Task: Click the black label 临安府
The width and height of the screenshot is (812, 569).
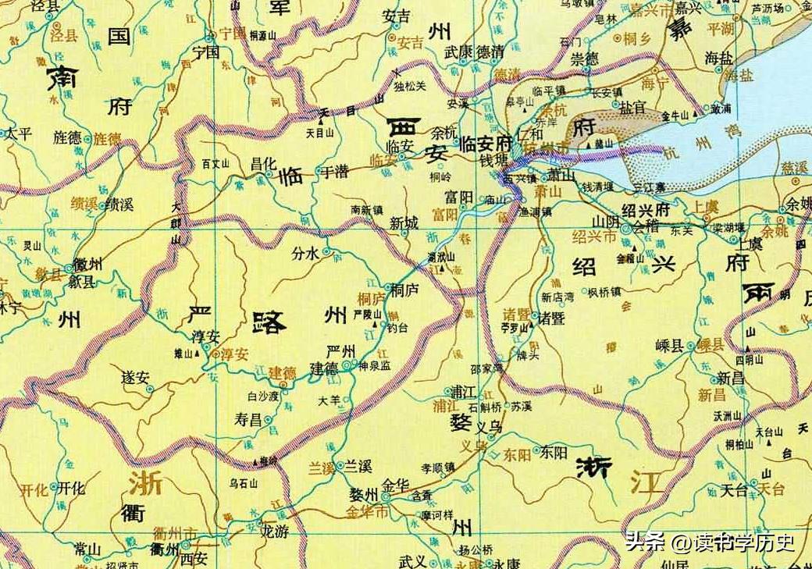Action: pos(485,144)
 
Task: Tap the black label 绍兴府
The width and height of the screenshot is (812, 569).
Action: pos(646,210)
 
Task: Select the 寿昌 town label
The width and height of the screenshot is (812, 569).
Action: pos(248,420)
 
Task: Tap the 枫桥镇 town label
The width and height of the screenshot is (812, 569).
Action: pos(604,293)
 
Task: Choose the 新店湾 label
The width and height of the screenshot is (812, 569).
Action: pos(557,297)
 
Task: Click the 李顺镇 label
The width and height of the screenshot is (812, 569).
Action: pos(438,468)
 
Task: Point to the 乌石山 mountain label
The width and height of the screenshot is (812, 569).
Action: pos(243,484)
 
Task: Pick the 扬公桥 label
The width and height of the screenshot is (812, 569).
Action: pos(476,549)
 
